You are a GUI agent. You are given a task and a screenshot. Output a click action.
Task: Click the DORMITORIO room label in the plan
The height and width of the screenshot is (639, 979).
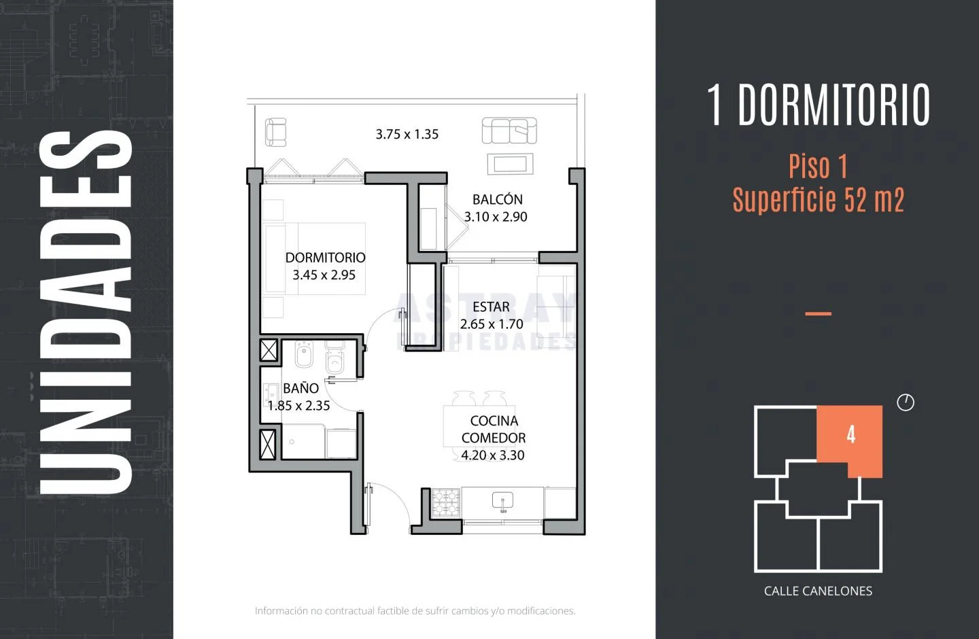click(x=325, y=258)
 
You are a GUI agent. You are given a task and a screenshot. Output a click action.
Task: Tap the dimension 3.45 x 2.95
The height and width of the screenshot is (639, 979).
click(x=324, y=275)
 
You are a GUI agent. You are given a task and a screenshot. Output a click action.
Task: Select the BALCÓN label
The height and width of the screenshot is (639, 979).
click(x=498, y=199)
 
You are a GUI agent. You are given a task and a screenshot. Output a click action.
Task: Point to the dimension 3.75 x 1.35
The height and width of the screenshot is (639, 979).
click(x=407, y=134)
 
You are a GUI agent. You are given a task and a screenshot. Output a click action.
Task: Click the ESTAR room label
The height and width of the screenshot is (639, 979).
click(x=492, y=307)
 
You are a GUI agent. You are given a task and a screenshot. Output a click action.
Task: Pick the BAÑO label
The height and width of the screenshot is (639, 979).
click(x=300, y=387)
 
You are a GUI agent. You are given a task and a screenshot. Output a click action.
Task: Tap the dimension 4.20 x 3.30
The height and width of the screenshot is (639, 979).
click(x=492, y=455)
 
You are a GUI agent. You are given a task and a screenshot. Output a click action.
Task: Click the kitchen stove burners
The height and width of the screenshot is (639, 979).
click(x=446, y=502)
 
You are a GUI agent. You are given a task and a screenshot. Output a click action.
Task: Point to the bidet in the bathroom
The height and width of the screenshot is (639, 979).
click(x=304, y=354)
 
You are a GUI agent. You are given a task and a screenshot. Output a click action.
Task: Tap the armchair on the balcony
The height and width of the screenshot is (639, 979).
click(x=276, y=132)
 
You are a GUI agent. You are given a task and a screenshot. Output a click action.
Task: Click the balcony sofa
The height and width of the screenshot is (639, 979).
click(x=509, y=131)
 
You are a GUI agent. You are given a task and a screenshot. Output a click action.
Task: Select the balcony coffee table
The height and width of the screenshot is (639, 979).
click(x=510, y=165)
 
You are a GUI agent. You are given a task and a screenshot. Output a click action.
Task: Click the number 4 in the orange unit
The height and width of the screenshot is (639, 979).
click(x=851, y=435)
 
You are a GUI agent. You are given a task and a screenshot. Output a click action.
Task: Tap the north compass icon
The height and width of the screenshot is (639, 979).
click(x=906, y=402)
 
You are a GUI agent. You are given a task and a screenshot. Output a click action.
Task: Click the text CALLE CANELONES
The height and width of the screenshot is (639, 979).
click(x=818, y=591)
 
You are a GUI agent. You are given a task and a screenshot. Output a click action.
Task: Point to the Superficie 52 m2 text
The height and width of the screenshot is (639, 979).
click(x=818, y=200)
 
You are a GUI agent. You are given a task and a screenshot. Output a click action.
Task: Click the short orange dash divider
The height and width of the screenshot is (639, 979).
click(x=818, y=313)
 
